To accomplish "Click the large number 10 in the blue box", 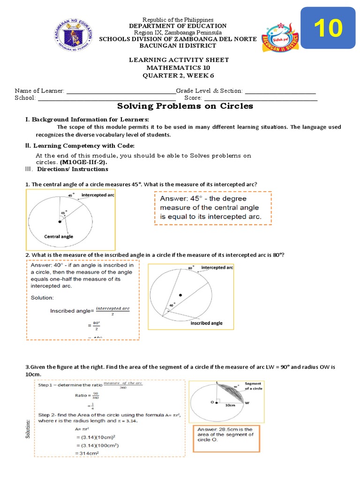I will coord(328,29).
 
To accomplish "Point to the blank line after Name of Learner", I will coord(121,91).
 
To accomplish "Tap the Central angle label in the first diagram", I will coord(59,236).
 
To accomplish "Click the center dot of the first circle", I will coord(60,221).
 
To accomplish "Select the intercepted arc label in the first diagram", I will coord(98,194).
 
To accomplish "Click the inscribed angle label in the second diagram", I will coord(206,323).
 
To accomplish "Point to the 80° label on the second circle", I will coord(191,268).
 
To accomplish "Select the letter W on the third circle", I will coord(247,402).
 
